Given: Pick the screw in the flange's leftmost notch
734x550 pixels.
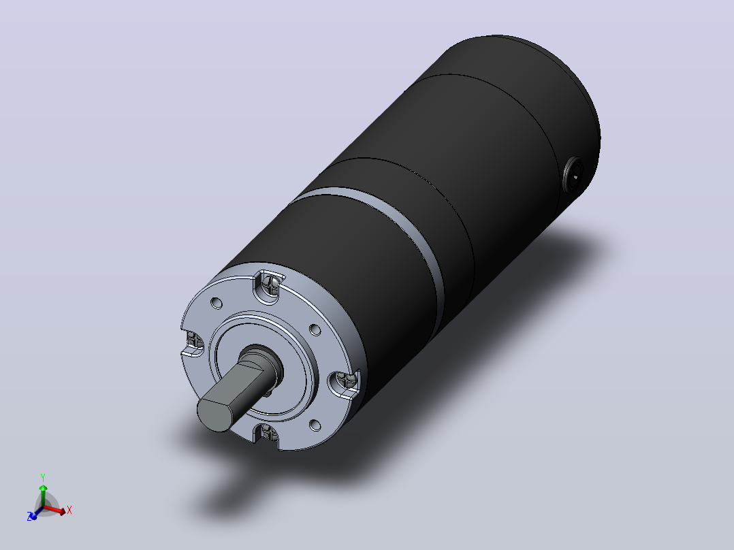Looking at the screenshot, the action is pos(193,340).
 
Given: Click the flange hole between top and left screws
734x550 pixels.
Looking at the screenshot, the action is pos(217,303).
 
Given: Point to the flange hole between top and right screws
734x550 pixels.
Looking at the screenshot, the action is pos(315,330).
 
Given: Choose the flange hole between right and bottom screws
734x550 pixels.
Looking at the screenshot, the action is pos(315,425).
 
